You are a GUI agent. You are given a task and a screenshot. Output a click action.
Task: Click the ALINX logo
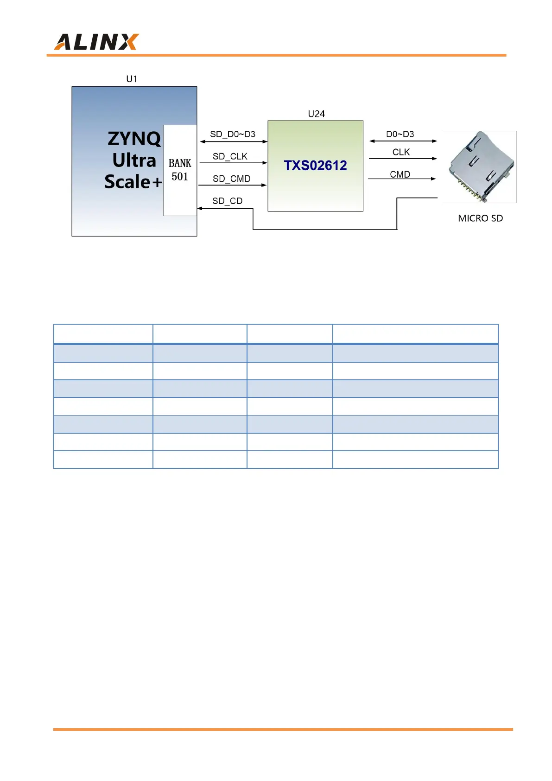click(x=96, y=42)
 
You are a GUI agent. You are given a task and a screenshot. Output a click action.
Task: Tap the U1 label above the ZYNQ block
click(x=132, y=79)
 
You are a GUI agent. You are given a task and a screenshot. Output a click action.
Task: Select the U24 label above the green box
click(x=316, y=114)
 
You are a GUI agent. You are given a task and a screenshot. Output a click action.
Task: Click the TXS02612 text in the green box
click(x=315, y=166)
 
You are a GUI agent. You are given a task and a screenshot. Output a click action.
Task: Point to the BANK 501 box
click(x=180, y=170)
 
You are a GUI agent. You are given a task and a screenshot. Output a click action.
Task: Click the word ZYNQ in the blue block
click(x=134, y=139)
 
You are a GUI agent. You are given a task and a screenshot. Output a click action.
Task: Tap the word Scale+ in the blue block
click(x=133, y=182)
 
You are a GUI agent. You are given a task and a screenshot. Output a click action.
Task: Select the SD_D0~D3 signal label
click(x=233, y=134)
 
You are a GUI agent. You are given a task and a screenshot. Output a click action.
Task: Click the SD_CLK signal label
click(x=230, y=156)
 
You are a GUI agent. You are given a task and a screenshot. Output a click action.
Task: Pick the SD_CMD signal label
click(x=231, y=179)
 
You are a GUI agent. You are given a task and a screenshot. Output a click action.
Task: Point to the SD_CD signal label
click(x=227, y=201)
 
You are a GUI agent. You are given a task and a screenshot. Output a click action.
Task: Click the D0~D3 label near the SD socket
click(x=400, y=134)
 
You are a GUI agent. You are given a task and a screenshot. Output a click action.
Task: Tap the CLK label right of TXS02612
click(x=401, y=152)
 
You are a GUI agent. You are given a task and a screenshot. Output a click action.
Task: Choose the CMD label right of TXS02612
click(x=400, y=174)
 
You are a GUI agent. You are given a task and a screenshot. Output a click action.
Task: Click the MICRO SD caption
click(x=480, y=218)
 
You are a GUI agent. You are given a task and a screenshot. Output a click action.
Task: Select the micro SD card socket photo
click(x=480, y=167)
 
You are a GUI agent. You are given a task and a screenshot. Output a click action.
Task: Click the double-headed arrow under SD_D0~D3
click(x=234, y=141)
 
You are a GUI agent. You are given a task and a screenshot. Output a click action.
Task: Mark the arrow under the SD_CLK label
click(x=233, y=163)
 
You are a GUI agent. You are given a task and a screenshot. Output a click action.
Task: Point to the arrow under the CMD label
click(x=402, y=179)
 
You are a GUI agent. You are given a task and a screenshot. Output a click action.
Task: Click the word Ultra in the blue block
click(x=134, y=160)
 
